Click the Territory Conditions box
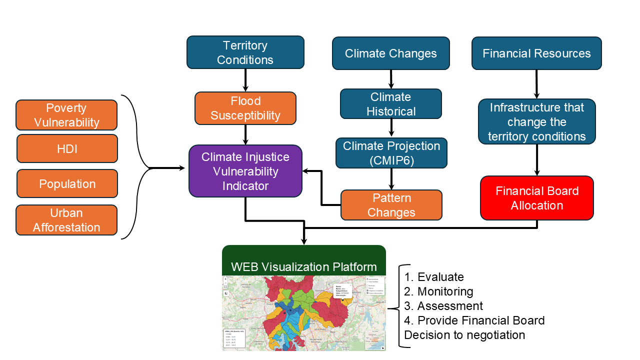click(x=245, y=52)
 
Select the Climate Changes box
click(x=391, y=53)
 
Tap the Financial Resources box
click(x=536, y=53)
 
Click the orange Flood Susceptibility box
click(x=245, y=108)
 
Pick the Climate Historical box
click(x=391, y=104)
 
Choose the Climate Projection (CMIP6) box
click(x=391, y=153)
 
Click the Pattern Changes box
click(x=391, y=205)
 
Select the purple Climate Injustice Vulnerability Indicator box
click(x=245, y=171)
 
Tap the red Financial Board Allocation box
click(x=536, y=198)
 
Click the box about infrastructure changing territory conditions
click(x=536, y=122)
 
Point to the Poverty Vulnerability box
click(x=66, y=115)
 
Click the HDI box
click(x=67, y=148)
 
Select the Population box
click(x=67, y=183)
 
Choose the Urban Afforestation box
click(x=66, y=220)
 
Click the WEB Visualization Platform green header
click(x=303, y=266)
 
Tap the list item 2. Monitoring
click(x=438, y=291)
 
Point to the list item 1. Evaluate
click(x=434, y=277)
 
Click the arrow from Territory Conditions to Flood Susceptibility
click(x=245, y=80)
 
